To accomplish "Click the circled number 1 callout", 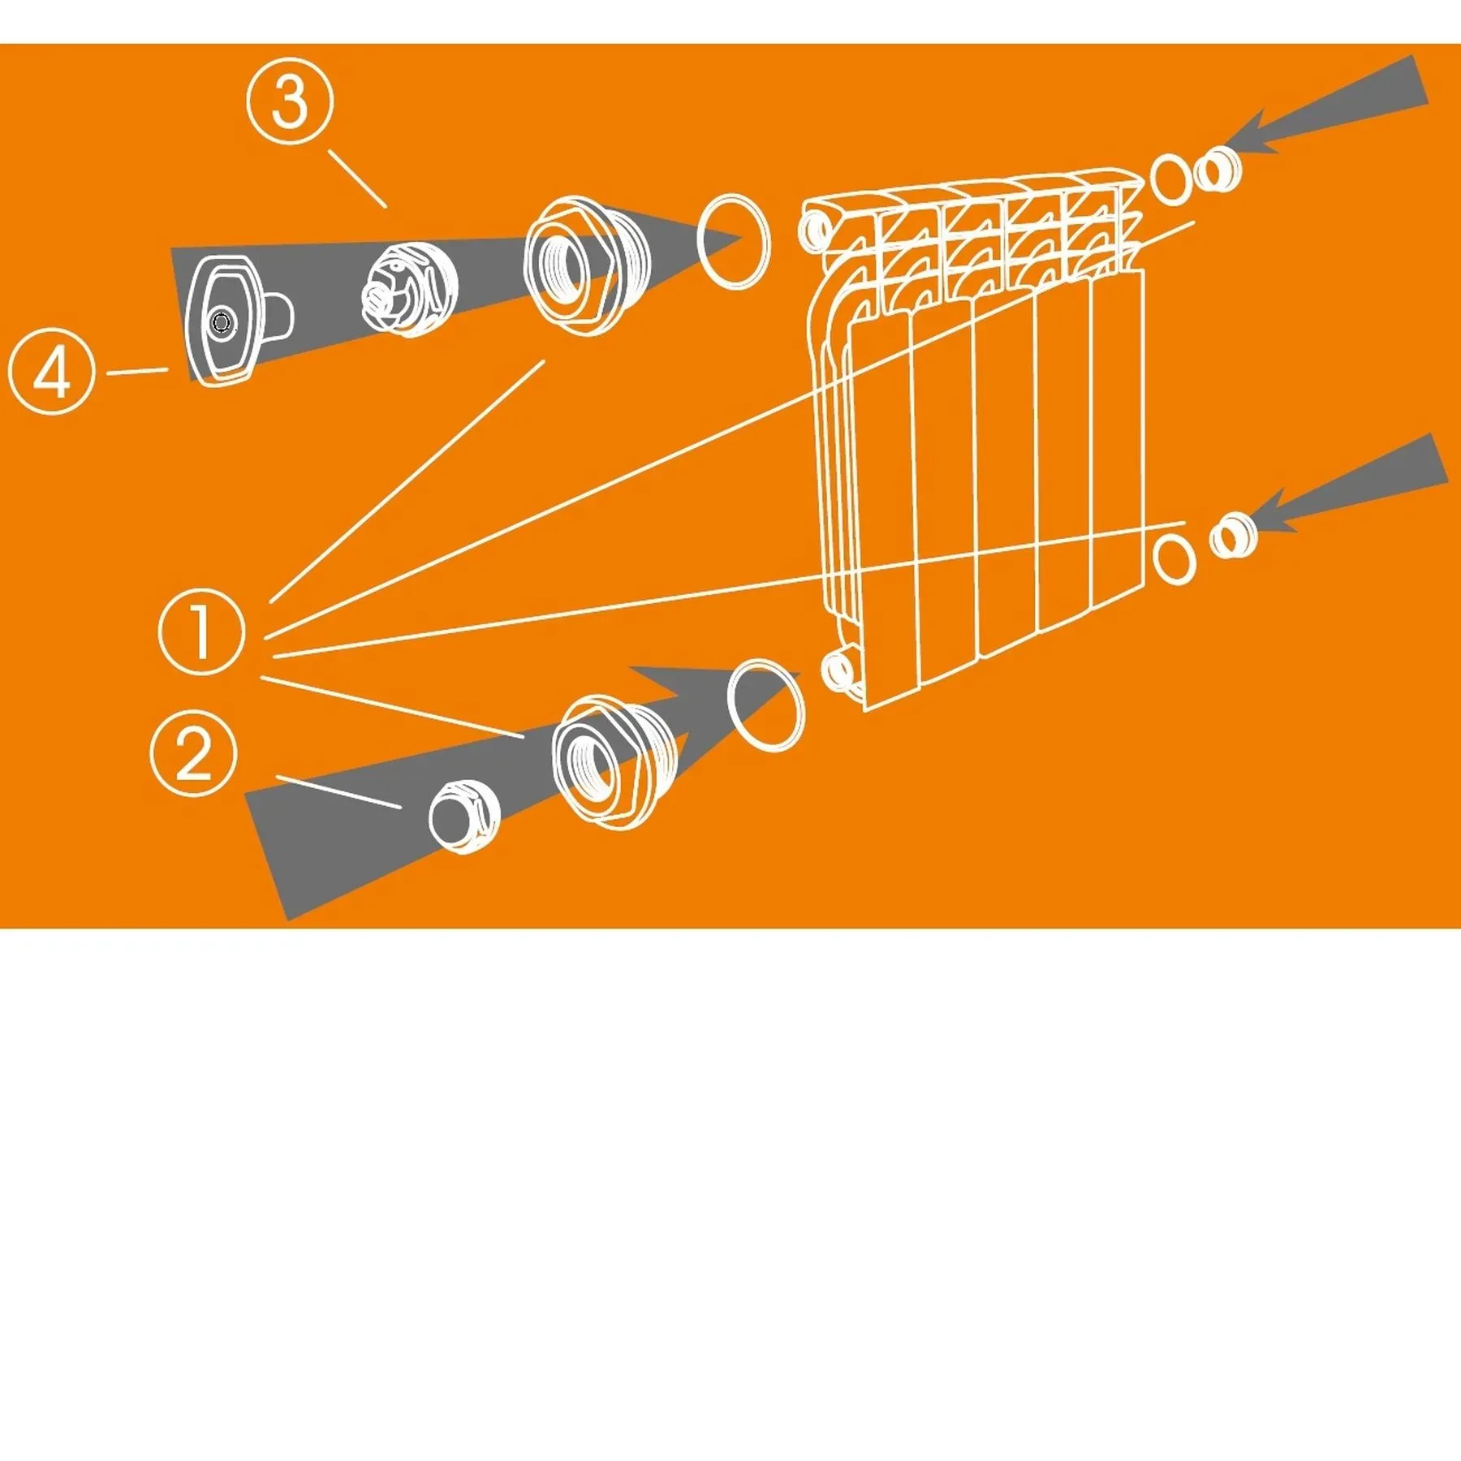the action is coord(201,631).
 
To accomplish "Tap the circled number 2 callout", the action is coord(194,752).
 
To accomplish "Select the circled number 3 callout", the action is coord(290,101).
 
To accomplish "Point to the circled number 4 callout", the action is coord(52,372).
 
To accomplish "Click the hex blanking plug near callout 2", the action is coord(463,817).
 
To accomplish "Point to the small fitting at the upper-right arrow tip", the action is coord(1217,171).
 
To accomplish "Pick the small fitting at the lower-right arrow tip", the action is coord(1233,536).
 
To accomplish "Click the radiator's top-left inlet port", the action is coord(817,229).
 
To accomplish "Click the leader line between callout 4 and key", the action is coord(137,372).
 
